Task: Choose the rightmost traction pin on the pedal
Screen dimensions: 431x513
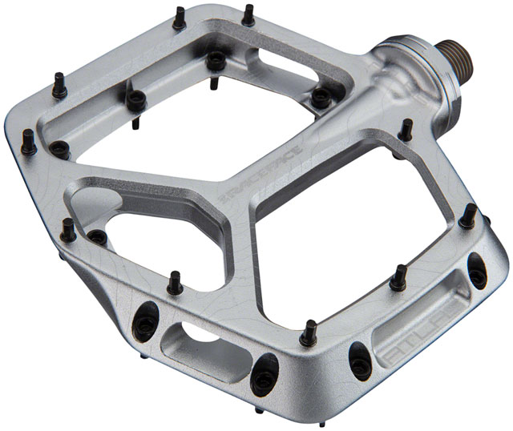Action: click(x=471, y=215)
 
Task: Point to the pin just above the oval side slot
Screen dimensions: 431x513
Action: click(x=173, y=282)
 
